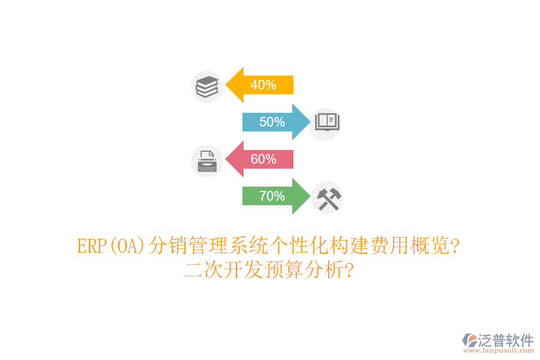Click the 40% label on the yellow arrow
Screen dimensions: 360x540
[263, 85]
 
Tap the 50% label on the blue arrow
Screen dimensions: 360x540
[272, 122]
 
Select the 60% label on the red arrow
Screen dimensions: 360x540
[263, 159]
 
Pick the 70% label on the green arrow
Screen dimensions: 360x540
[272, 196]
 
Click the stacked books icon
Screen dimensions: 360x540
[207, 86]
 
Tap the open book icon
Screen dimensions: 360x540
[328, 122]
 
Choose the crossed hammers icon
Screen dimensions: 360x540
[328, 197]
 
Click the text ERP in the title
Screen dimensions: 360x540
[92, 246]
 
